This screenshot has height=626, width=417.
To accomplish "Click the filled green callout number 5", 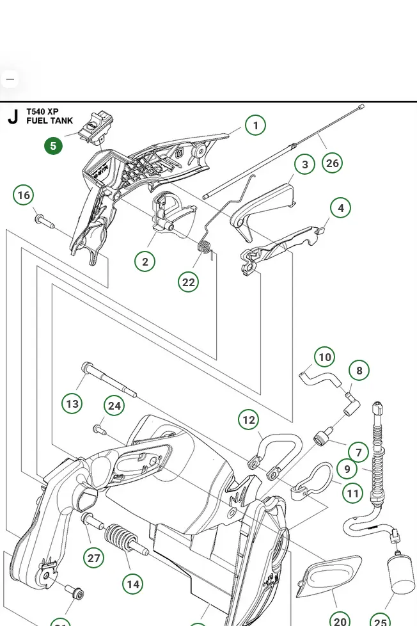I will tap(53, 146).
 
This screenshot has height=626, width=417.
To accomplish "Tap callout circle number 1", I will tap(255, 125).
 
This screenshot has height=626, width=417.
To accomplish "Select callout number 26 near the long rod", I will tap(332, 163).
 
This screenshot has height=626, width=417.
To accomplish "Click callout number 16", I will tap(24, 195).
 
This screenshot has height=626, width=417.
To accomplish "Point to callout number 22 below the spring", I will tap(188, 282).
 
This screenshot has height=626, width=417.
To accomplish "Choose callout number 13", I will tap(72, 404).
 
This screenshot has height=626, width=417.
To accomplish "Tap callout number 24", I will tap(114, 406).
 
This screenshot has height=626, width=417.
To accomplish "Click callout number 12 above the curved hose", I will tap(248, 420).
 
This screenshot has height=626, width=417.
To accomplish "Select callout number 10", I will tap(325, 357).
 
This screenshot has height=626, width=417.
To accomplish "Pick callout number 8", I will tap(359, 371).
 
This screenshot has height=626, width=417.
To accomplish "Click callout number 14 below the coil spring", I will tap(132, 584).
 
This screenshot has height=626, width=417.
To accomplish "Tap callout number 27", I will tap(94, 558).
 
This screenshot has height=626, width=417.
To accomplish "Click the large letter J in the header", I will tap(13, 117).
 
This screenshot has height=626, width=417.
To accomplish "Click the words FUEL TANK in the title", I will tap(49, 120).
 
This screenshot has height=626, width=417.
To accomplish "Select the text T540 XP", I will tap(42, 111).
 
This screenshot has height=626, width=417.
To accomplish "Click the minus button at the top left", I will tap(10, 79).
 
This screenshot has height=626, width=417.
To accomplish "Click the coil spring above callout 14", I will tap(120, 540).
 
